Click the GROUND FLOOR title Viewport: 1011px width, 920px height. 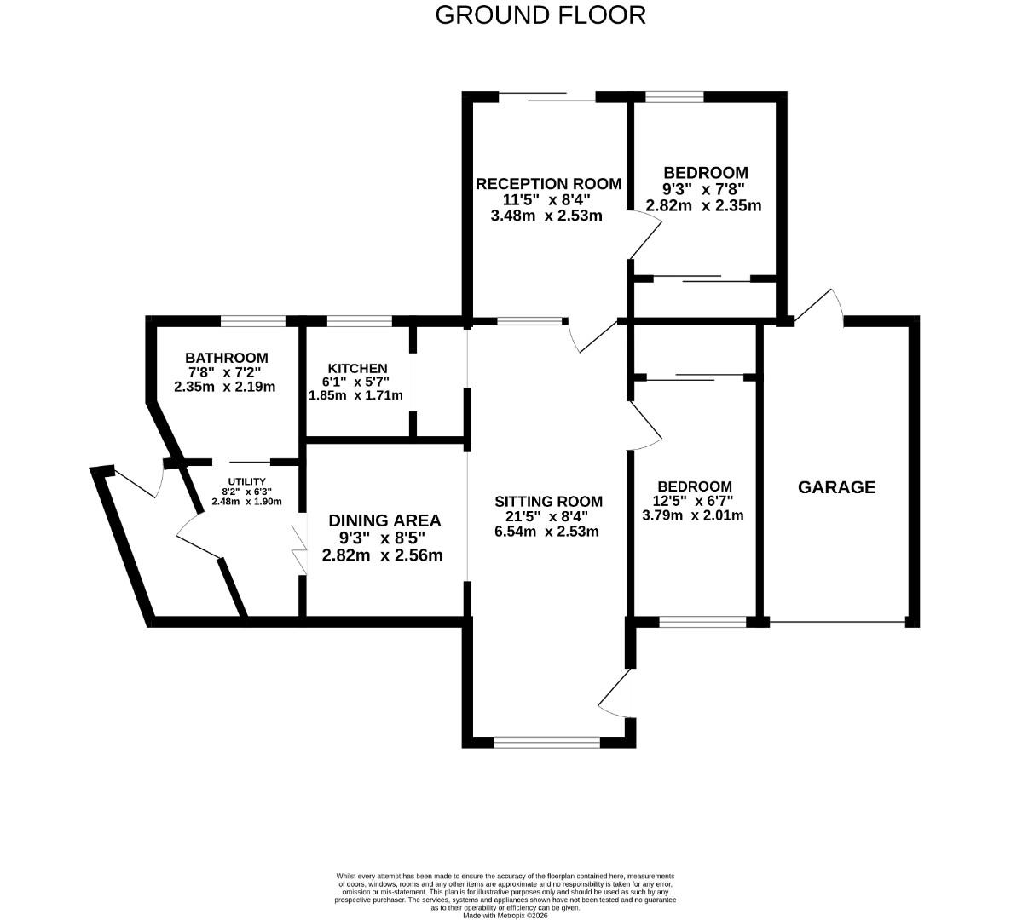540,15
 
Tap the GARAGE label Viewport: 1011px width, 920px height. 836,487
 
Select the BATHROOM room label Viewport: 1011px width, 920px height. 226,359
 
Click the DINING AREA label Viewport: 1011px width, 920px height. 384,520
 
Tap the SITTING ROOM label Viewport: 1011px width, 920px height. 548,502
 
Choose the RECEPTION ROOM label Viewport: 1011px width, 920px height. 548,184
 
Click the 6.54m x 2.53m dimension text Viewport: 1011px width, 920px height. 546,532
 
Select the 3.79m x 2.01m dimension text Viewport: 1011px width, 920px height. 692,515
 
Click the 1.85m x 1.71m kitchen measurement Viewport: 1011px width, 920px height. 355,395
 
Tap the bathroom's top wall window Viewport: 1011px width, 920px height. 253,321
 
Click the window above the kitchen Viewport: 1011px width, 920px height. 359,321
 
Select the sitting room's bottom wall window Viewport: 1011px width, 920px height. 546,743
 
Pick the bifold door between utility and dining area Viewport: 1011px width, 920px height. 299,549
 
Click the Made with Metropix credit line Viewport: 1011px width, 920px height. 505,916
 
